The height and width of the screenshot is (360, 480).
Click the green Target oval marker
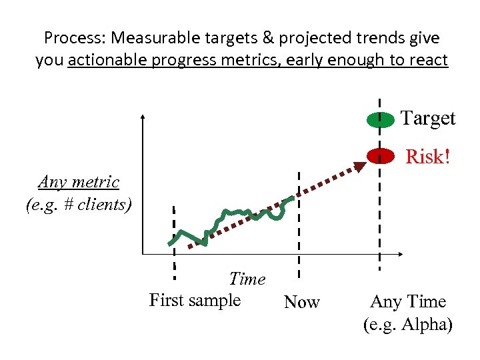point(380,120)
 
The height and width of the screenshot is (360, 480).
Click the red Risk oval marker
point(380,156)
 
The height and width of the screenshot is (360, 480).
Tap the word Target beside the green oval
point(428,119)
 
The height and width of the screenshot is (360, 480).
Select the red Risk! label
point(428,157)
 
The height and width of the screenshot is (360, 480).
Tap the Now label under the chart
point(302,303)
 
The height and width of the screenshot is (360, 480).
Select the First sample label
point(195,300)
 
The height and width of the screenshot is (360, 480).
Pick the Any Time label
point(408,302)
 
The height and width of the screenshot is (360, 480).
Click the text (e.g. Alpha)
point(408,325)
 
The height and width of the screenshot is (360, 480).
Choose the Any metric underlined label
point(79,182)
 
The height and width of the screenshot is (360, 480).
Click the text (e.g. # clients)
point(79,205)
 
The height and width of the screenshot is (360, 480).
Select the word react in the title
point(429,60)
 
